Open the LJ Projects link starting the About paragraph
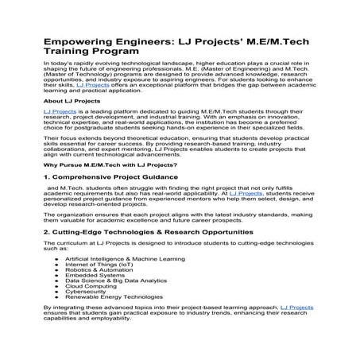point(57,114)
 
